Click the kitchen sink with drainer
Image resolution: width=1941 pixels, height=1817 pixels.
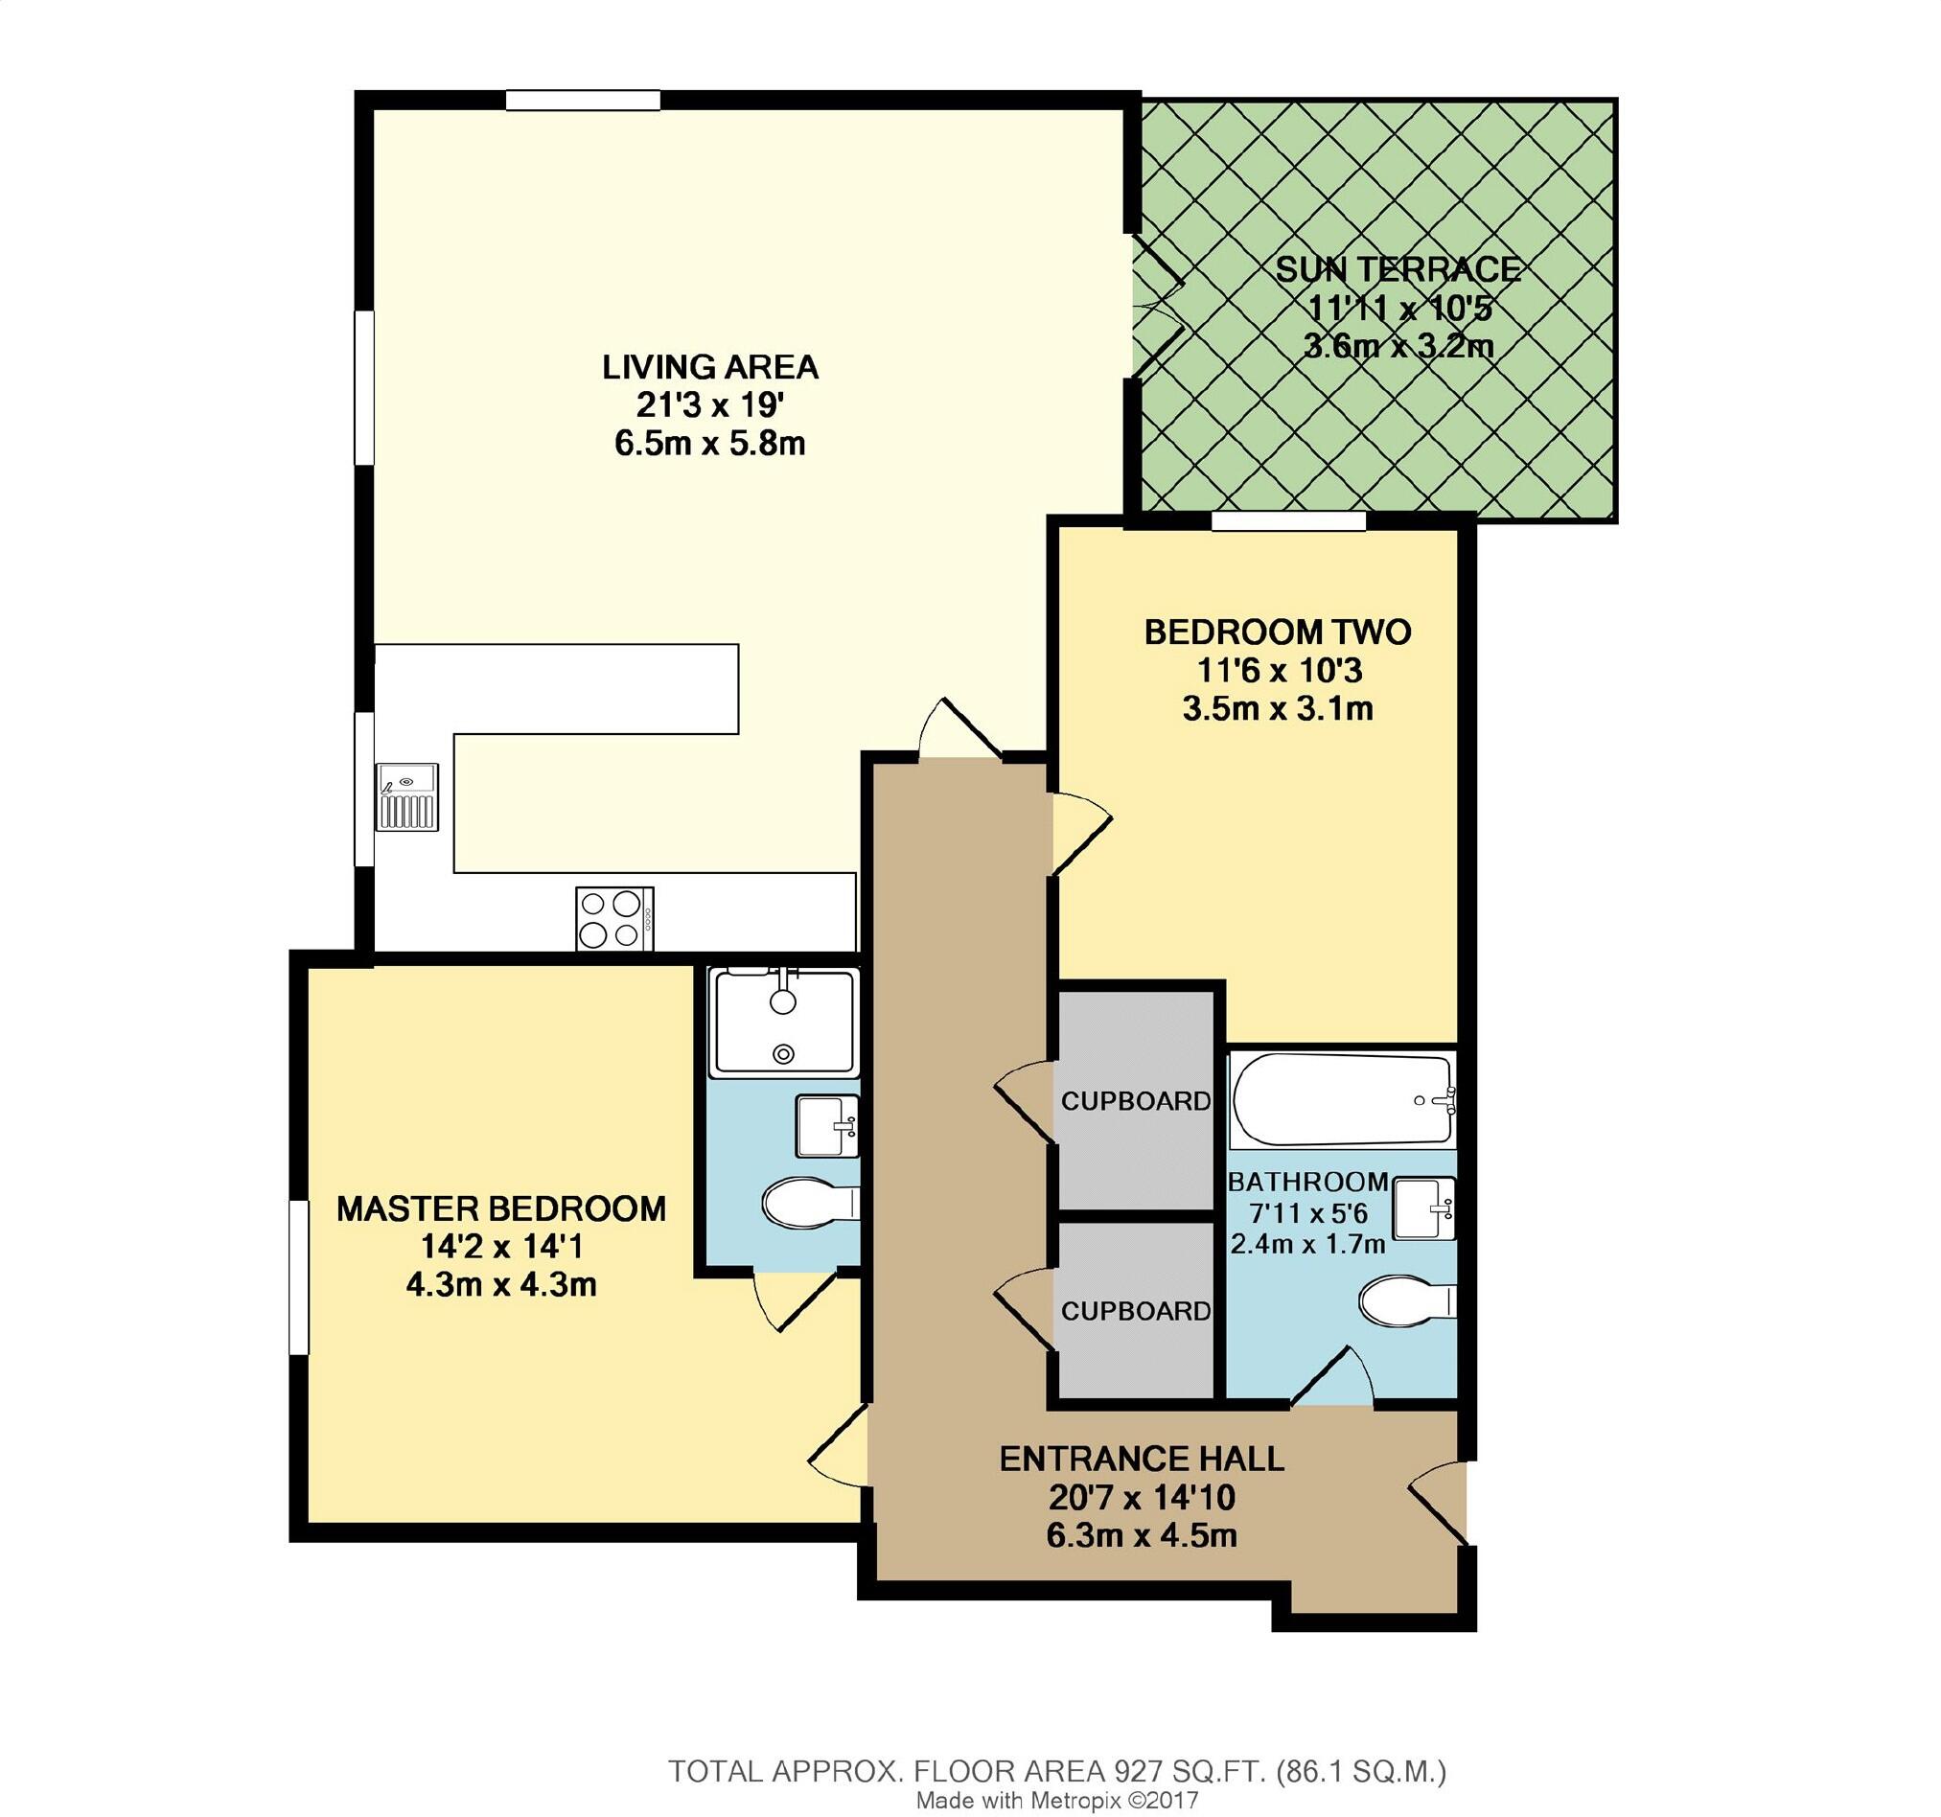(x=407, y=795)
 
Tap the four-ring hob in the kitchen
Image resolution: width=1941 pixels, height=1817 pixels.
(x=614, y=918)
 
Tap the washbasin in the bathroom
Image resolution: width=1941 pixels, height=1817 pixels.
(x=1424, y=1208)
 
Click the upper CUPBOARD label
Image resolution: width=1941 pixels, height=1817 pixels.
(x=1136, y=1101)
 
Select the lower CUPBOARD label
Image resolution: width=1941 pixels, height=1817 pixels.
(x=1136, y=1311)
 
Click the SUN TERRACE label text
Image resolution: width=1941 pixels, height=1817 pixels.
(x=1398, y=269)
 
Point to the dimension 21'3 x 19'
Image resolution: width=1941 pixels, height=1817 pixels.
(x=709, y=406)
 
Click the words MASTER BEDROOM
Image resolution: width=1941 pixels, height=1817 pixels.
(x=501, y=1208)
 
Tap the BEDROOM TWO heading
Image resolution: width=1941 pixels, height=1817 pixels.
(x=1277, y=632)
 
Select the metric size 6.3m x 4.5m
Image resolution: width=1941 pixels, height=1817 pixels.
(x=1142, y=1536)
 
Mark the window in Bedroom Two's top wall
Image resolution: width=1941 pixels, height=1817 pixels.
(x=1288, y=523)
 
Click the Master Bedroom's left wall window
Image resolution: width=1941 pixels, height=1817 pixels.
(x=299, y=1276)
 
